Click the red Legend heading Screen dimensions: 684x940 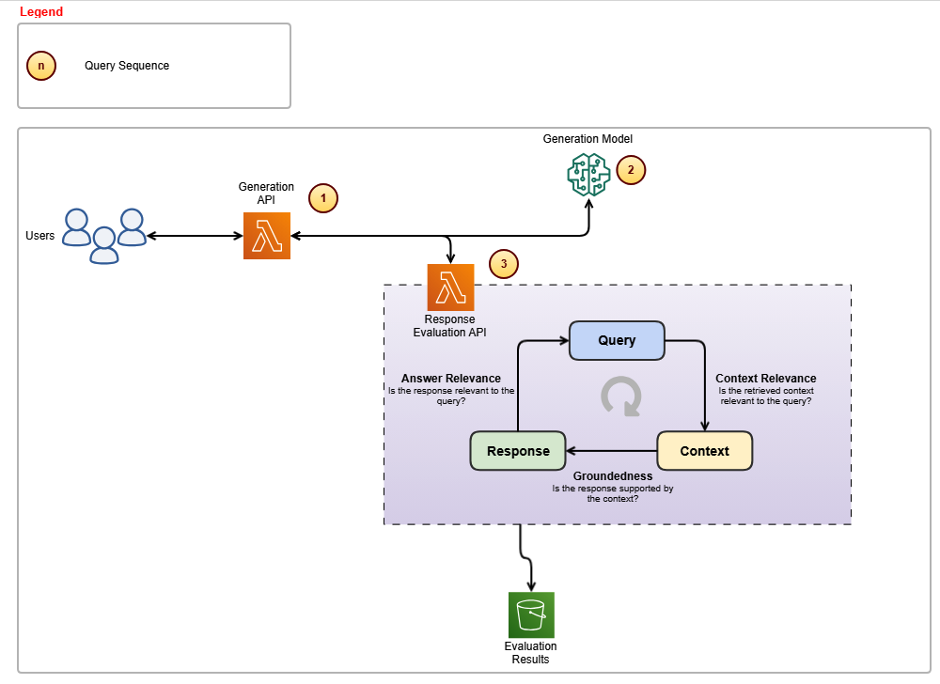pyautogui.click(x=41, y=12)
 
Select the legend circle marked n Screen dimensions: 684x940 pyautogui.click(x=41, y=66)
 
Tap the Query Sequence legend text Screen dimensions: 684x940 pyautogui.click(x=127, y=66)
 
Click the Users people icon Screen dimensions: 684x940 pyautogui.click(x=104, y=236)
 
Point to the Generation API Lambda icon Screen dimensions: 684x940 pyautogui.click(x=267, y=236)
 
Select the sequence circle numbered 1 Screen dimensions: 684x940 pyautogui.click(x=323, y=198)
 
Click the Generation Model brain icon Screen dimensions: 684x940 pyautogui.click(x=589, y=175)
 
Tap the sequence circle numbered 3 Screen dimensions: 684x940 pyautogui.click(x=504, y=264)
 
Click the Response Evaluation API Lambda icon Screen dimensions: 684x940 pyautogui.click(x=451, y=288)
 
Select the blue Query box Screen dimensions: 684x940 pyautogui.click(x=618, y=340)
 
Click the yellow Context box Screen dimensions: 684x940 pyautogui.click(x=705, y=451)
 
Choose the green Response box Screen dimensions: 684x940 pyautogui.click(x=518, y=451)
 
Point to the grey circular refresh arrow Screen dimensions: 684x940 pyautogui.click(x=621, y=396)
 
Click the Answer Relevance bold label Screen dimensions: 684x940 pyautogui.click(x=451, y=379)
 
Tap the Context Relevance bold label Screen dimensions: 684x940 pyautogui.click(x=766, y=379)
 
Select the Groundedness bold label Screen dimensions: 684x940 pyautogui.click(x=613, y=476)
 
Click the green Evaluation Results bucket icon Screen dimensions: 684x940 pyautogui.click(x=531, y=615)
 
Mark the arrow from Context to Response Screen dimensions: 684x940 pyautogui.click(x=611, y=451)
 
